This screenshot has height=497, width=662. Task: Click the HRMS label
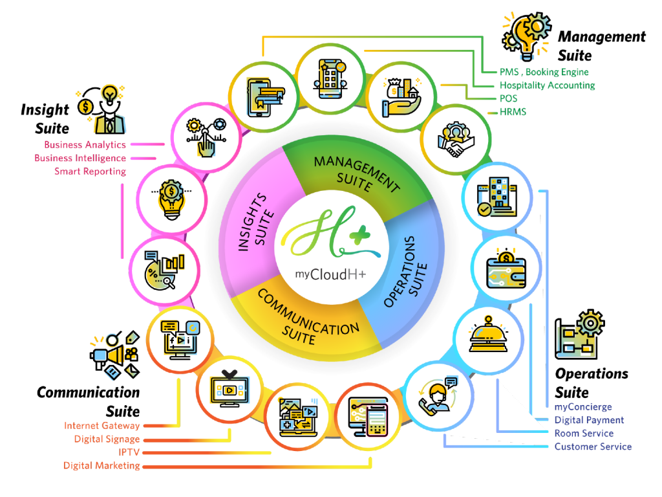point(513,112)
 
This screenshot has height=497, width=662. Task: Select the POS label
point(508,98)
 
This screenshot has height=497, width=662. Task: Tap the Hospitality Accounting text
point(547,85)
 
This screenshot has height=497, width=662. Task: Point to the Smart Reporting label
point(90,171)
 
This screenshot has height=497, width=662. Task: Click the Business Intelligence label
point(80,158)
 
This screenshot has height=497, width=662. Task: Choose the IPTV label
point(129,452)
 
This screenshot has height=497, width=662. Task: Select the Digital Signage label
point(107,439)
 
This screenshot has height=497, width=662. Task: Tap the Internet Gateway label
point(101,426)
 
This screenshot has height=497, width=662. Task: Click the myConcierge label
point(583,407)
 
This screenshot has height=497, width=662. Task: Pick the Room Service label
point(584,433)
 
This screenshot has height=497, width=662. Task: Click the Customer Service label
point(593,447)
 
